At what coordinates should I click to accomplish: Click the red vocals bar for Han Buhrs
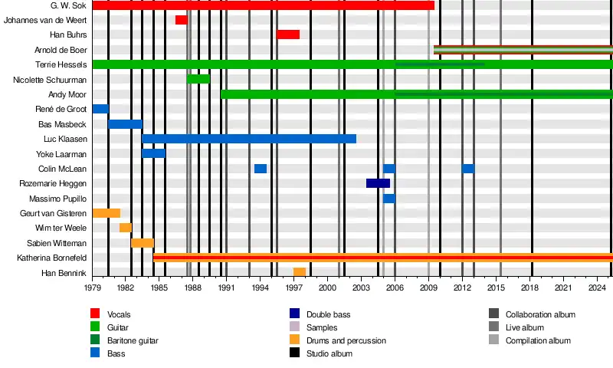pyautogui.click(x=288, y=34)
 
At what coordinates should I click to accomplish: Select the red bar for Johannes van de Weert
pyautogui.click(x=181, y=20)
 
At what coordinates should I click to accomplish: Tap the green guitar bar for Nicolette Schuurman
pyautogui.click(x=198, y=79)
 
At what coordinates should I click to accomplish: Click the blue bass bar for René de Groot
pyautogui.click(x=100, y=109)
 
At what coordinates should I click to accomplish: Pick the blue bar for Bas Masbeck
pyautogui.click(x=125, y=124)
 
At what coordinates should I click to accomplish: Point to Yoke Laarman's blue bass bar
pyautogui.click(x=153, y=153)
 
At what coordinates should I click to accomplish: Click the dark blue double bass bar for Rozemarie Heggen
pyautogui.click(x=378, y=183)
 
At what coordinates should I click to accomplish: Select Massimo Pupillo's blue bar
pyautogui.click(x=389, y=199)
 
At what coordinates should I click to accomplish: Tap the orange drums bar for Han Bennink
pyautogui.click(x=300, y=272)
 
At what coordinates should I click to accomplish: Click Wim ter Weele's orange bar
pyautogui.click(x=125, y=228)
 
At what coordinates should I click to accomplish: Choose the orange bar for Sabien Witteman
pyautogui.click(x=143, y=243)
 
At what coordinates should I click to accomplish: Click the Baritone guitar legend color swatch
pyautogui.click(x=96, y=340)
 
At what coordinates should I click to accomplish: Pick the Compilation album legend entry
pyautogui.click(x=538, y=340)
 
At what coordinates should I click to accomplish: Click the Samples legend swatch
pyautogui.click(x=295, y=327)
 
